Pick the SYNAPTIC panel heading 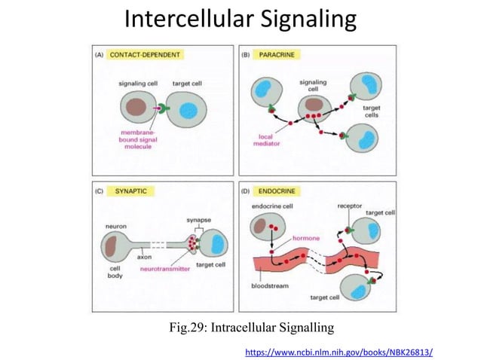click(131, 192)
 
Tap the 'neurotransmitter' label click(165, 267)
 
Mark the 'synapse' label click(199, 220)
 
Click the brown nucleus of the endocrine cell click(259, 224)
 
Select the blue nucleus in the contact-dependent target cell click(192, 109)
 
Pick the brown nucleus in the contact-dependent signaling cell click(138, 108)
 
